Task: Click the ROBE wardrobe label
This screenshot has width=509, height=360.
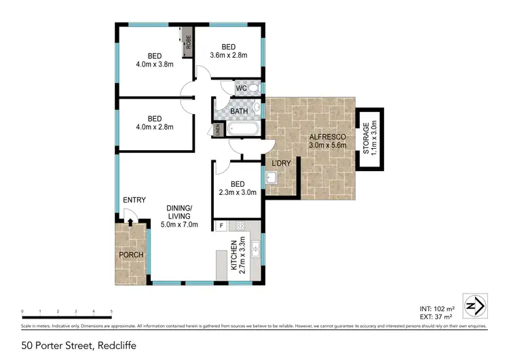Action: pos(188,45)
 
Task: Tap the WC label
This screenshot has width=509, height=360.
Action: pos(241,88)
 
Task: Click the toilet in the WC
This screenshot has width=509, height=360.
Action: pos(253,88)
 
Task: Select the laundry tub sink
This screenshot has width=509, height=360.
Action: pos(271,179)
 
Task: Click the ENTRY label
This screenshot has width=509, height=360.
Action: pos(134,200)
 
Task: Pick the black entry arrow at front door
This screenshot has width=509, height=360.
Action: pos(130,221)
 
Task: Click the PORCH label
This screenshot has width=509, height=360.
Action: pos(130,255)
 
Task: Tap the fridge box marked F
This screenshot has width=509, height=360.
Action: pos(221,226)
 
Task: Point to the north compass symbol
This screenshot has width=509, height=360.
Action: pos(474,305)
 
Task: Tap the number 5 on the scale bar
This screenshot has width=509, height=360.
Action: pos(111,312)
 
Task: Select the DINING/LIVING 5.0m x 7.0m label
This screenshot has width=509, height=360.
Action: pos(179,216)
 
